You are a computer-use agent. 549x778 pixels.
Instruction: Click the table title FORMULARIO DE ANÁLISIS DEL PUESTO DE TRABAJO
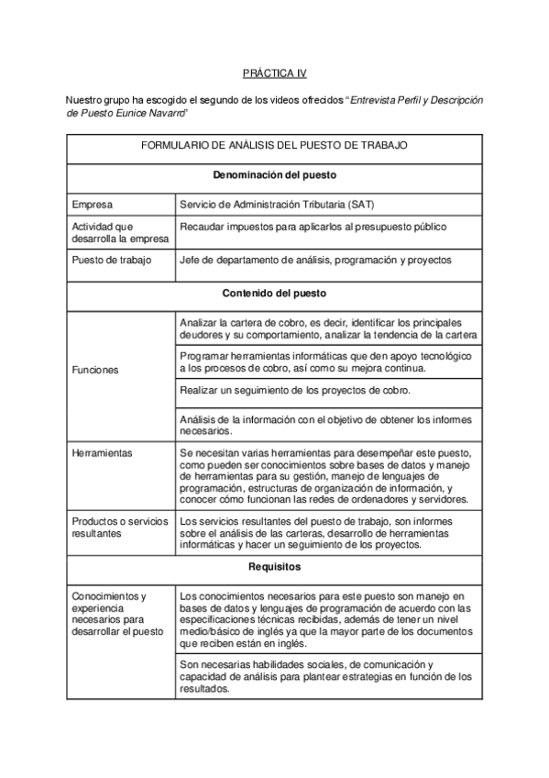pyautogui.click(x=274, y=146)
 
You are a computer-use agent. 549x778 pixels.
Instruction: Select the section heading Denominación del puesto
pyautogui.click(x=274, y=174)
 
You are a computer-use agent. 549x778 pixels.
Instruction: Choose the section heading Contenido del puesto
pyautogui.click(x=274, y=295)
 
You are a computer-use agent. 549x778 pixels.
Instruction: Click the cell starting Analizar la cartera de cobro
pyautogui.click(x=327, y=328)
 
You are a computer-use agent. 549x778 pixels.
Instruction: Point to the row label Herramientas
pyautogui.click(x=102, y=453)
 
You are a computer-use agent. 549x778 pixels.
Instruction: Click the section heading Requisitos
pyautogui.click(x=274, y=568)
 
